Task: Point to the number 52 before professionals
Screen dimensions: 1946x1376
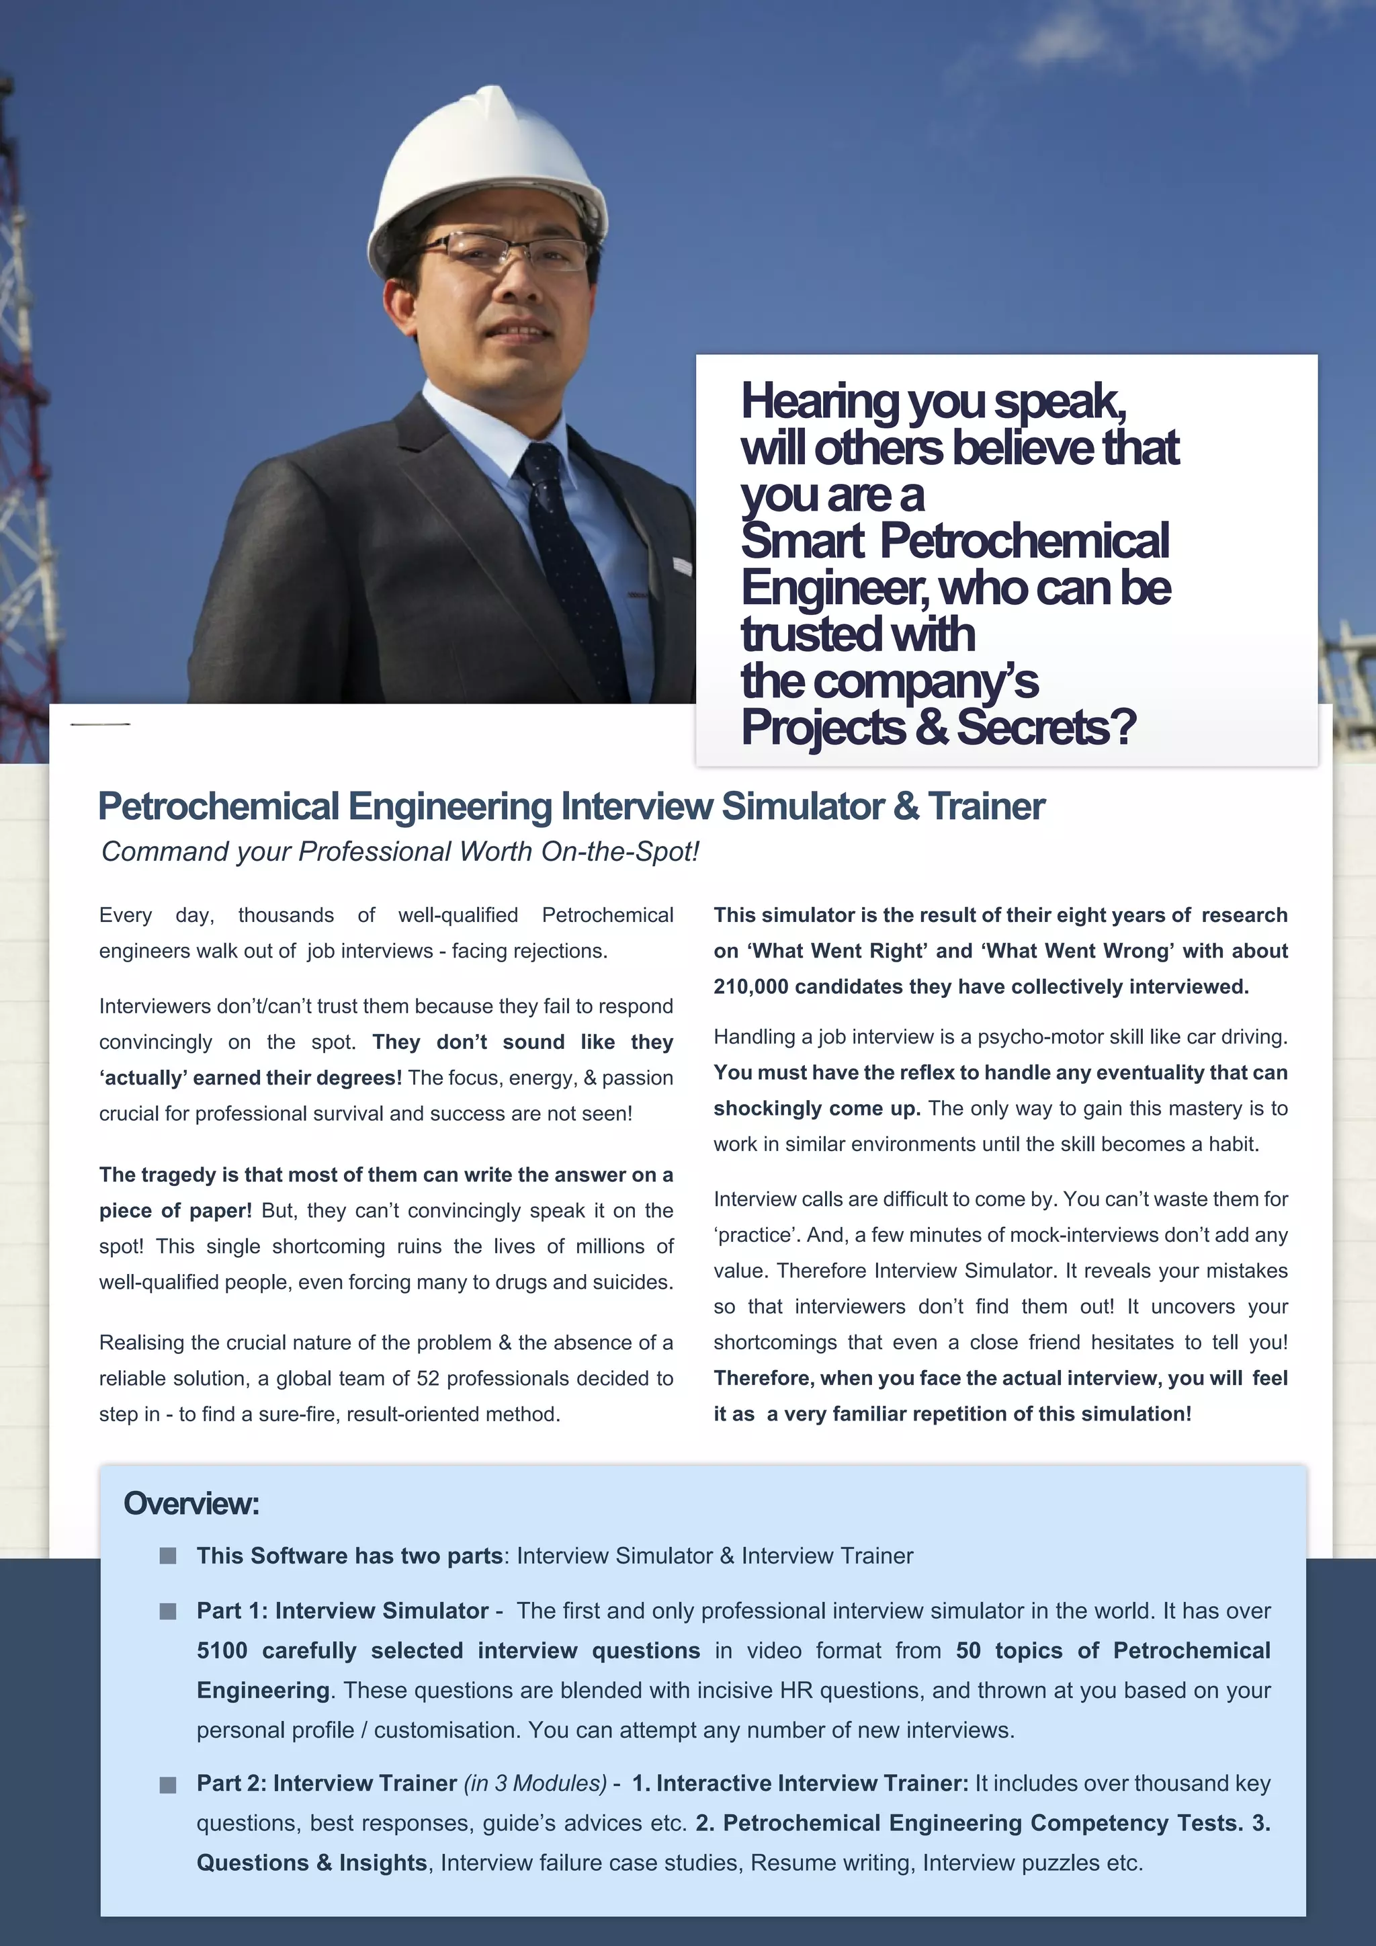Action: tap(428, 1378)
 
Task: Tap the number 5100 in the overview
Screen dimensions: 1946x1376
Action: tap(222, 1650)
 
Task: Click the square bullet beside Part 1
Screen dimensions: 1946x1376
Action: tap(168, 1611)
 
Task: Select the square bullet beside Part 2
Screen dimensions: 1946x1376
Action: tap(168, 1784)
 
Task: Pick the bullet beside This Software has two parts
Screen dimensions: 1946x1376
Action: tap(168, 1556)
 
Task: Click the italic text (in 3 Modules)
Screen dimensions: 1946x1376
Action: tap(535, 1783)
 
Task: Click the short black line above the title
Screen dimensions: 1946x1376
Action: tap(100, 724)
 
